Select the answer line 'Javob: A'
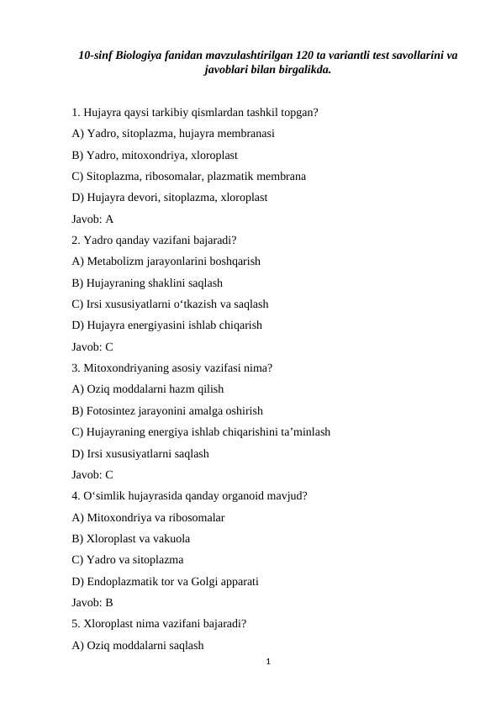92,219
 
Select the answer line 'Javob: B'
92,602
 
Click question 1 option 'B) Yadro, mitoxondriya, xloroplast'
155,155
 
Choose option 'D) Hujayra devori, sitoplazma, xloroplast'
170,198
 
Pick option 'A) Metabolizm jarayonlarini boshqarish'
166,261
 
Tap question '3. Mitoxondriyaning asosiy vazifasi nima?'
172,367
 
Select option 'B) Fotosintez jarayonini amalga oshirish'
168,410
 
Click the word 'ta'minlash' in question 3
305,431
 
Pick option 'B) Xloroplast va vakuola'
131,538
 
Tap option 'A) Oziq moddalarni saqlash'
139,645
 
